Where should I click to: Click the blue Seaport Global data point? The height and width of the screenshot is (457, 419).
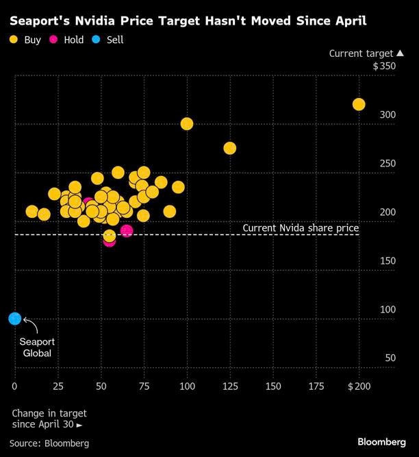tap(14, 319)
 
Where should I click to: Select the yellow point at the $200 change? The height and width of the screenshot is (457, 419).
tap(359, 104)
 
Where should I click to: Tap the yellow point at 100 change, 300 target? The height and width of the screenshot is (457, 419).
tap(187, 124)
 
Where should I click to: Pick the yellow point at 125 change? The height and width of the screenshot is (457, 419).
tap(230, 148)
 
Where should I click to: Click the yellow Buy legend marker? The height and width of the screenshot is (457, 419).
tap(14, 40)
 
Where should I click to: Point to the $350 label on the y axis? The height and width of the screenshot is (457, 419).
tap(384, 66)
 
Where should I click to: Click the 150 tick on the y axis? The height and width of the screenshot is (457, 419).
tap(388, 261)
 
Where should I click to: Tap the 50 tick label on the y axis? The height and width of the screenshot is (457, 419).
tap(390, 358)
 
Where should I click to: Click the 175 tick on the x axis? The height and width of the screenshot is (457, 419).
tap(316, 386)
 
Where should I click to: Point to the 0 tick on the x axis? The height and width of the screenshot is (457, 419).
tap(14, 386)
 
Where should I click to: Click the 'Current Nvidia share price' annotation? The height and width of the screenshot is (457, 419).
tap(301, 227)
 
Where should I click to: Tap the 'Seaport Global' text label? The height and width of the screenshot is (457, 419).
tap(38, 347)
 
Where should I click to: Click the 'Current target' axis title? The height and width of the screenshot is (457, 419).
tap(361, 53)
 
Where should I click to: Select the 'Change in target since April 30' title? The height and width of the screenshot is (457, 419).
tap(49, 419)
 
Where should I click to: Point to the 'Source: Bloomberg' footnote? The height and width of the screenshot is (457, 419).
tap(50, 443)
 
